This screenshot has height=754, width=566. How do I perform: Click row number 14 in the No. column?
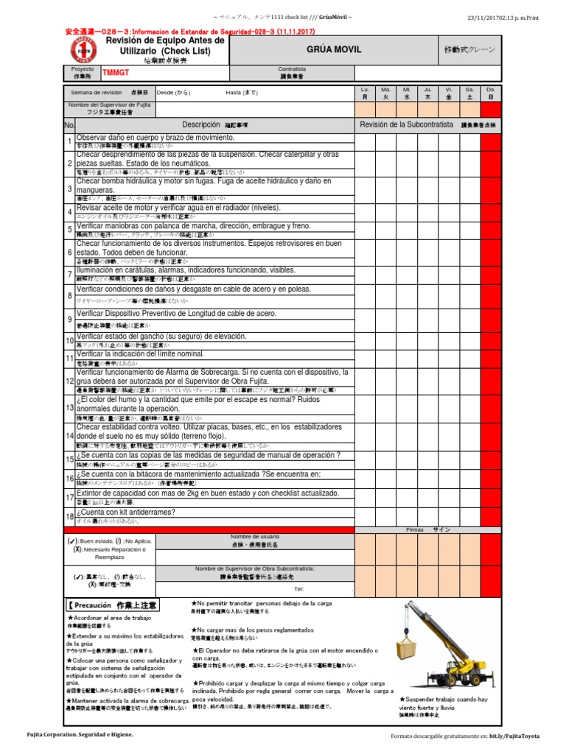tap(69, 436)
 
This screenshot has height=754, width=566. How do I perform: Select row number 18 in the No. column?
tap(69, 517)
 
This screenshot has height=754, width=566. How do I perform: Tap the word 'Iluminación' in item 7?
tap(98, 269)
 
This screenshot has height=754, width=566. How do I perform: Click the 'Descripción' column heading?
tap(201, 124)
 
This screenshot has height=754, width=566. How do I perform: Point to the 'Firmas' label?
tap(416, 529)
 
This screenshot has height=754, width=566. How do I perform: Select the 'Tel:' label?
tap(298, 590)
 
